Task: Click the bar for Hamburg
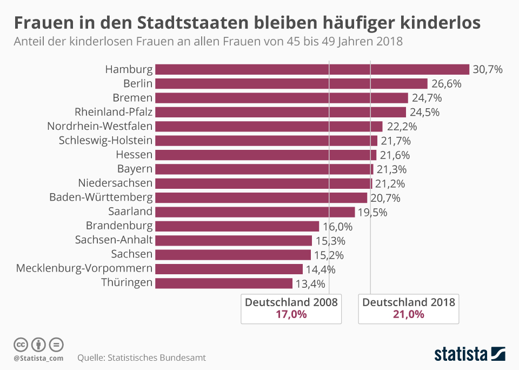[312, 69]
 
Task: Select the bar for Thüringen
[224, 283]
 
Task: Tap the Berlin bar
[291, 83]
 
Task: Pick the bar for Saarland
[255, 212]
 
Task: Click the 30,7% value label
[488, 69]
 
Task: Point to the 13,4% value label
[310, 283]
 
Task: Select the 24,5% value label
[424, 112]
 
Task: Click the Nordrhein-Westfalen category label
[100, 126]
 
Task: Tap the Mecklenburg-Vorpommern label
[84, 268]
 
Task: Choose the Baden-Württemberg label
[101, 197]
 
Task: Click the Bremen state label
[133, 98]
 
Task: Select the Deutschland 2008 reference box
[291, 308]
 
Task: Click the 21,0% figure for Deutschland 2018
[409, 314]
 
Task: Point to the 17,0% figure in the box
[291, 314]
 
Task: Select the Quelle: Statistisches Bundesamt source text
[142, 358]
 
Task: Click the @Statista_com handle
[38, 358]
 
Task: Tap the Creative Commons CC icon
[21, 345]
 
